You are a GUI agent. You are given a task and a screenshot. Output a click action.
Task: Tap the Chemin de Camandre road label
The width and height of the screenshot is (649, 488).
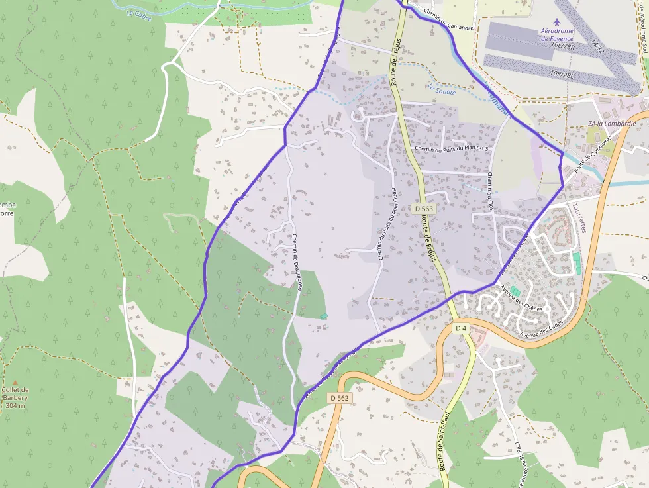(450, 26)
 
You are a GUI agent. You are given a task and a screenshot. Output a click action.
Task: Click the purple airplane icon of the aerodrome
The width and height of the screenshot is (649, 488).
(557, 22)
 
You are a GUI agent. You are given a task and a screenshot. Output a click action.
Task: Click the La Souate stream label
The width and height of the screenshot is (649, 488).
(442, 91)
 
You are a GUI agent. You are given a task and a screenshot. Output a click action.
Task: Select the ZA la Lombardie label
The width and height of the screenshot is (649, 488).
(611, 124)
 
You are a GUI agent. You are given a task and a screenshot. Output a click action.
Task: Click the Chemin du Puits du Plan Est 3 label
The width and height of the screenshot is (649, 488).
(451, 149)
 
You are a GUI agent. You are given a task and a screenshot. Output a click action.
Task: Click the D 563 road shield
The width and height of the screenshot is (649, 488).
(424, 209)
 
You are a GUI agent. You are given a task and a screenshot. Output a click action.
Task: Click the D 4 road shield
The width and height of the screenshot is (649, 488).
(462, 328)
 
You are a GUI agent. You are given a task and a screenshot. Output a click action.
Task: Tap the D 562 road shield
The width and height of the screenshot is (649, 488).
(338, 398)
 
